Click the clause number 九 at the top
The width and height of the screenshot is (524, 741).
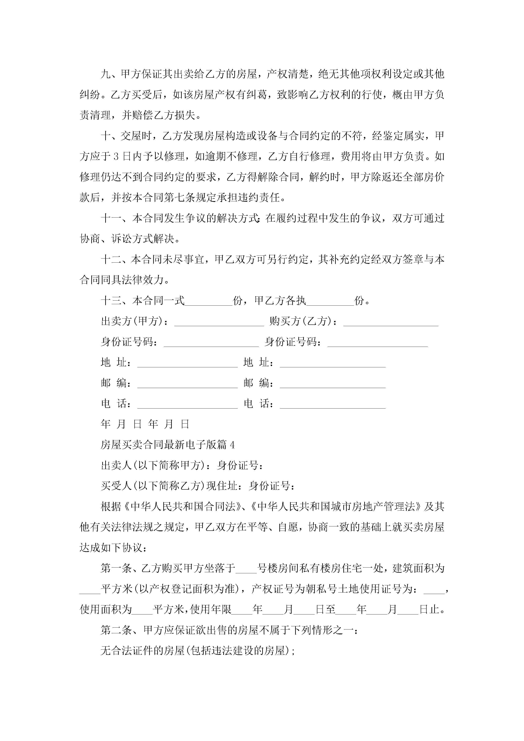coord(106,74)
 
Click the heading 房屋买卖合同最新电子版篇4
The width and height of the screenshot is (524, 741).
coord(168,445)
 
